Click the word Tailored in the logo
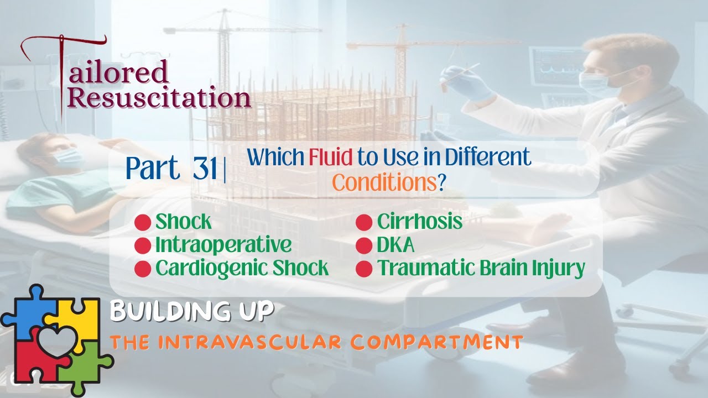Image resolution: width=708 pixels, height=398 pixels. point(119,72)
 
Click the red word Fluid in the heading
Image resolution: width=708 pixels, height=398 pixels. point(331,158)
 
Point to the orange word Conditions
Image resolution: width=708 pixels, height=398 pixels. point(384,182)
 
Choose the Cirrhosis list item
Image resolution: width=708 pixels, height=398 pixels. point(419,222)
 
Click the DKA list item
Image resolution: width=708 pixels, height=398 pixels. point(395,245)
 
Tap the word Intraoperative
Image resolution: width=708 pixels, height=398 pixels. point(223,245)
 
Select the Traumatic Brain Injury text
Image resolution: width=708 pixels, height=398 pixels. point(481,268)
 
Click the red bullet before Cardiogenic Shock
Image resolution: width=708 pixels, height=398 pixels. point(143,269)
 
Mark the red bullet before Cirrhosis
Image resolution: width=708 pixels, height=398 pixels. point(364,223)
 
